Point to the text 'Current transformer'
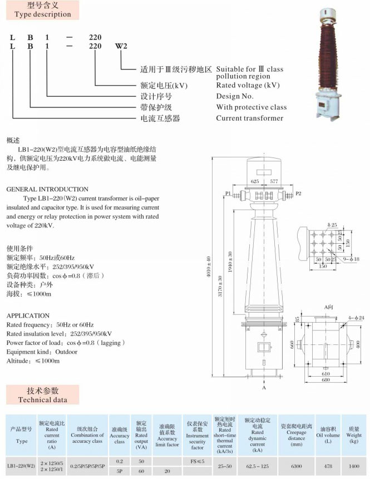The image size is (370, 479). [x=249, y=118]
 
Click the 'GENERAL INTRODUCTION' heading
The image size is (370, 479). [x=47, y=189]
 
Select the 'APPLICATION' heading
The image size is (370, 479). [x=28, y=315]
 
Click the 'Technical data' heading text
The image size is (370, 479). [x=43, y=399]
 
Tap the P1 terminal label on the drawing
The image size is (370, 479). [x=228, y=193]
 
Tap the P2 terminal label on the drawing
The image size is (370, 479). [x=299, y=193]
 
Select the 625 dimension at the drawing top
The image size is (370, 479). [x=255, y=181]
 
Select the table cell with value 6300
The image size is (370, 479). [x=296, y=465]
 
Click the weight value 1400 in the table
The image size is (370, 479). [x=354, y=465]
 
